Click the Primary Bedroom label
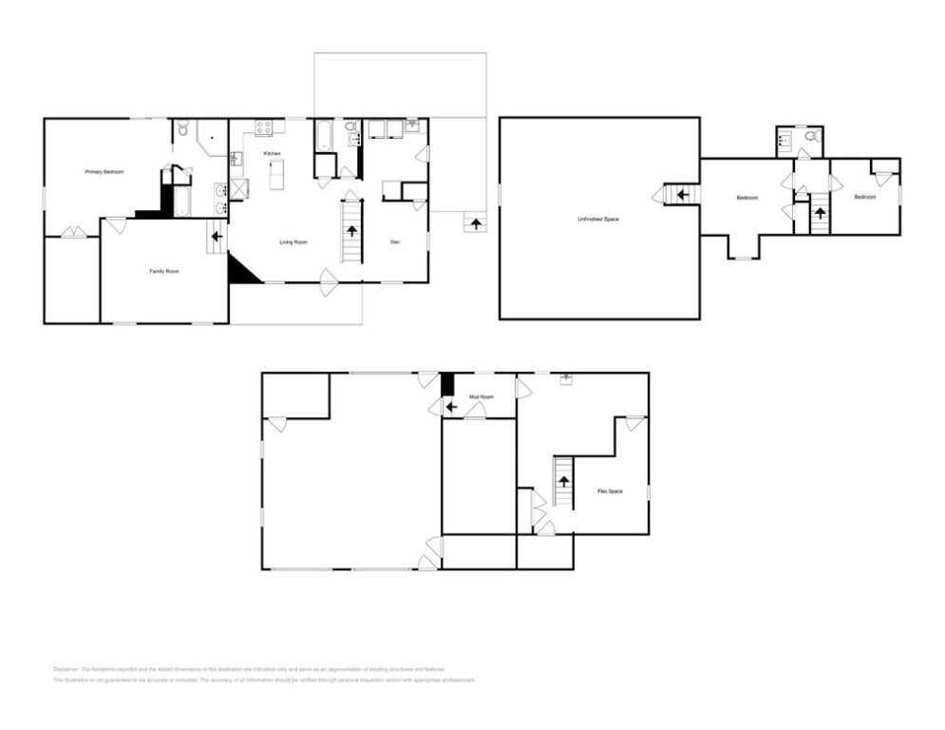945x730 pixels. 104,172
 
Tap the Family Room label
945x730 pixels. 164,272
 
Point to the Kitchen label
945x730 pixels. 273,154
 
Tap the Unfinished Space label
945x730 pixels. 598,220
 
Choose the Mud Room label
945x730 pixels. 482,396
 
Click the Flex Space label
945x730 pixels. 610,491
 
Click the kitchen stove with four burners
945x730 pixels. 264,125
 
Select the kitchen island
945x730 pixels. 277,175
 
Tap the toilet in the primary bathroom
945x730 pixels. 184,126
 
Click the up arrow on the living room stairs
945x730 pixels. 352,230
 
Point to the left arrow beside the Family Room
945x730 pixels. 217,237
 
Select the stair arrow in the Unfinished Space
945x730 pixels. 681,195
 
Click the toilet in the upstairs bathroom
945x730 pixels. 810,137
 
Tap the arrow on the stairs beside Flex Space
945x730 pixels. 563,481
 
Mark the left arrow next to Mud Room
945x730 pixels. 451,407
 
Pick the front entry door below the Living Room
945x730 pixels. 328,282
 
